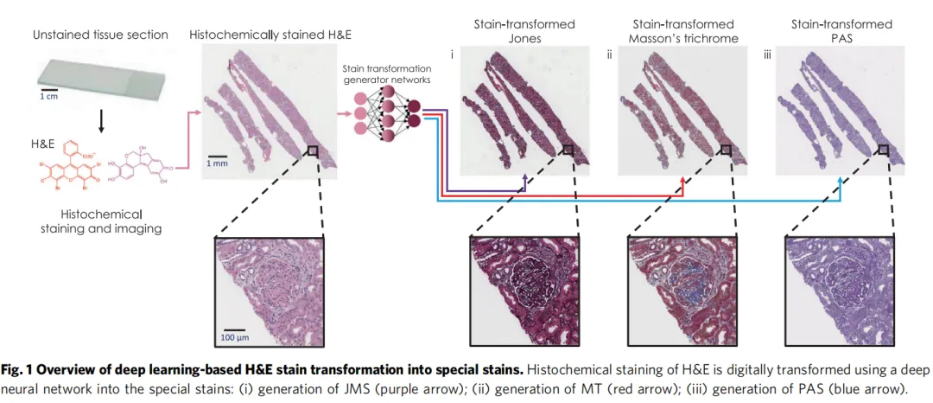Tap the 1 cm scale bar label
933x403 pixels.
point(48,97)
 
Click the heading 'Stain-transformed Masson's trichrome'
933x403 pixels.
point(682,30)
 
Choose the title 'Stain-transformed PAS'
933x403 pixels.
point(842,30)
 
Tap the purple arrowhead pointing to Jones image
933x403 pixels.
point(525,179)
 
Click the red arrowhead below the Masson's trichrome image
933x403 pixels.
point(683,179)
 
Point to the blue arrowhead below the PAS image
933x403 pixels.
point(844,179)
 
